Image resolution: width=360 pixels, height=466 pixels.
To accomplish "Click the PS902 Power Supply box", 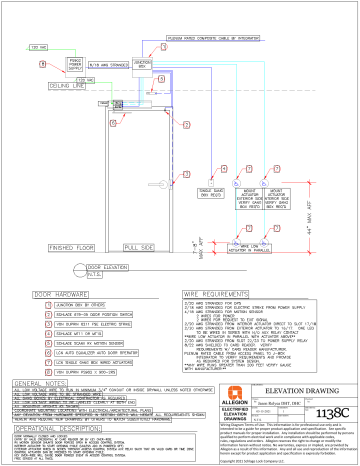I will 65,64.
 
